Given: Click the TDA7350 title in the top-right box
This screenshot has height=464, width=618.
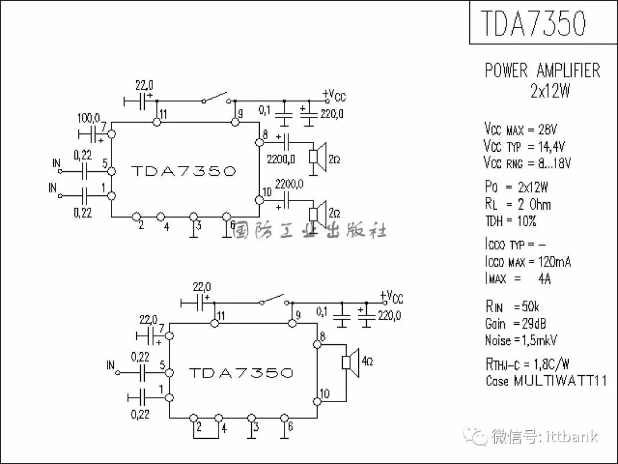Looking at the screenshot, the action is [533, 23].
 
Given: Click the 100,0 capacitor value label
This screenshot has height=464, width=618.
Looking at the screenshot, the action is [89, 117].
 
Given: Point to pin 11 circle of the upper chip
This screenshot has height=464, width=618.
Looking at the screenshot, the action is [157, 122].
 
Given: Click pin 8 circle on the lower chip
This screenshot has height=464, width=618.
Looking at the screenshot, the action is [317, 344].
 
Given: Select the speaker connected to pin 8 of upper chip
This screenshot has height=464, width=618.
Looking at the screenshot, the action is [318, 157].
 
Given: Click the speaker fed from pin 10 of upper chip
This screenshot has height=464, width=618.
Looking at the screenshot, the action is [318, 214].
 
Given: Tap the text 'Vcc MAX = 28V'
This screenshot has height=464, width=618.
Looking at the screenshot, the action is [521, 129].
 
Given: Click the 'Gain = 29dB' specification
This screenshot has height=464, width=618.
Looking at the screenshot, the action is [516, 324].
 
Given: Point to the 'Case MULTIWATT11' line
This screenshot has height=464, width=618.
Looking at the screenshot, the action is [546, 381].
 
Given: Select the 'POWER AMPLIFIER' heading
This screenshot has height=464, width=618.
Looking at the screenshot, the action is [542, 70].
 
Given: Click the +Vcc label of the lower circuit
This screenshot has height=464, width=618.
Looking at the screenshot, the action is [391, 296].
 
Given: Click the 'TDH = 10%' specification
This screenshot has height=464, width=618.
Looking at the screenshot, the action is [511, 221].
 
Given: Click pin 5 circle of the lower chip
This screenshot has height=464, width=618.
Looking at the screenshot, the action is [169, 372].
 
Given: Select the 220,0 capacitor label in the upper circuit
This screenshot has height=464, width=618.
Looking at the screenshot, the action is [331, 114].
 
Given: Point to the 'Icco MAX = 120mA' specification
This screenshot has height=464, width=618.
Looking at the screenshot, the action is [528, 262].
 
